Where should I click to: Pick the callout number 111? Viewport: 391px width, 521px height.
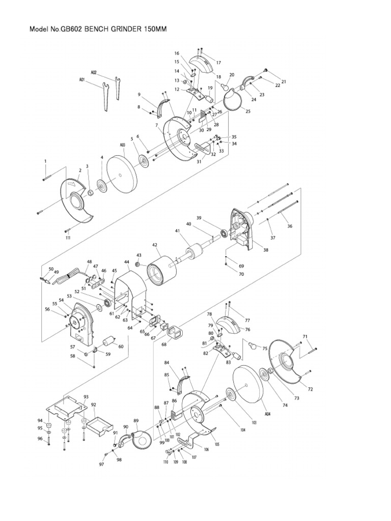coord(68,237)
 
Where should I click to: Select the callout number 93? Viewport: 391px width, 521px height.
coord(86,396)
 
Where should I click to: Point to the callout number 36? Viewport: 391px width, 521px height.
coord(291,226)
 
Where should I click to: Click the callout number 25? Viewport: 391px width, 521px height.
coord(248,110)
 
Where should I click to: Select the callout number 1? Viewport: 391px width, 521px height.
coord(45,161)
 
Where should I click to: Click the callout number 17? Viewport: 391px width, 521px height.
coord(218,63)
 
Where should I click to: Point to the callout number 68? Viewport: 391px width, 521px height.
coord(164,344)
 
